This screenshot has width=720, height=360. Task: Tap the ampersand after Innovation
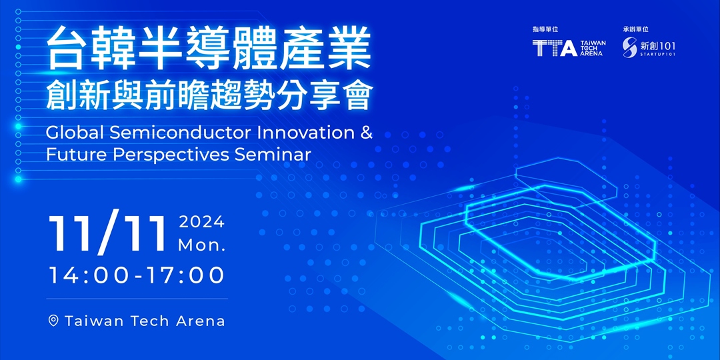(366, 132)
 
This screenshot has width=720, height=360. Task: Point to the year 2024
(201, 223)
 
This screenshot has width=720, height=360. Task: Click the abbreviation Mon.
(201, 245)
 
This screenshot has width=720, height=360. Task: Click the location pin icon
(54, 321)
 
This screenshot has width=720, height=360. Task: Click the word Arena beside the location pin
(200, 321)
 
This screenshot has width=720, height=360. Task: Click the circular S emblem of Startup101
(630, 47)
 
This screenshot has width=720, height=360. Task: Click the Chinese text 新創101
(656, 45)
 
